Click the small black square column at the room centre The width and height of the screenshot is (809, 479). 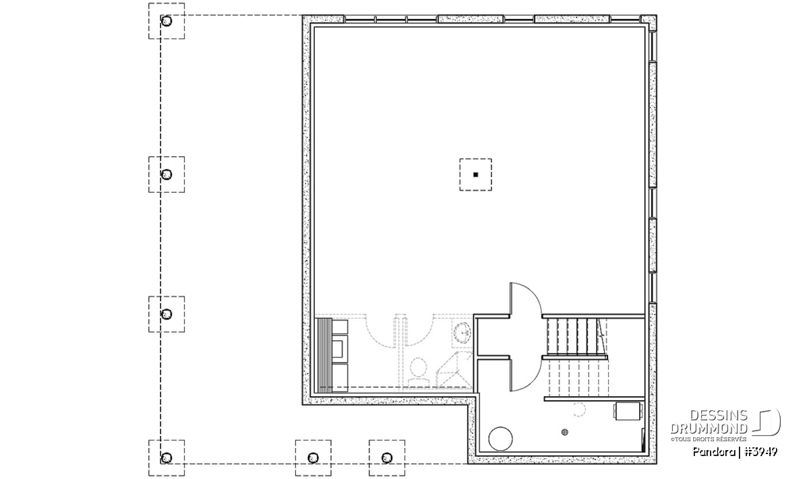pos(476,174)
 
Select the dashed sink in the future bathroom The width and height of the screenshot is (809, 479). pos(462,332)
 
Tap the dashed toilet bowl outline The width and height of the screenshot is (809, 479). pos(418,372)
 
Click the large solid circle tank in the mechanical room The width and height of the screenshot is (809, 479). pos(500,439)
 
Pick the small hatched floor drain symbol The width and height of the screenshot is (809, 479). pos(565,432)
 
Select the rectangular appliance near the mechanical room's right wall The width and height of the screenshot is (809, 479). pos(628,411)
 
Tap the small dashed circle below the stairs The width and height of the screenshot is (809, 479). pos(578,410)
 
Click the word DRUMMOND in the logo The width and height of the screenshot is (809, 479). pos(709,428)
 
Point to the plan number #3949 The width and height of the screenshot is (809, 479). pos(761,452)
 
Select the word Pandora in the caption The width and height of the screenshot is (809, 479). pos(714,452)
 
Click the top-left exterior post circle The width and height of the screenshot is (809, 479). pos(166,21)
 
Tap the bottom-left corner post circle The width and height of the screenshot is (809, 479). pos(166,458)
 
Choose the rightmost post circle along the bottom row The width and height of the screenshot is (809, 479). pos(387,458)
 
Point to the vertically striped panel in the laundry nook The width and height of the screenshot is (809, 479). pos(324,355)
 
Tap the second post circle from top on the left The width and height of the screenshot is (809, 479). pos(166,174)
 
